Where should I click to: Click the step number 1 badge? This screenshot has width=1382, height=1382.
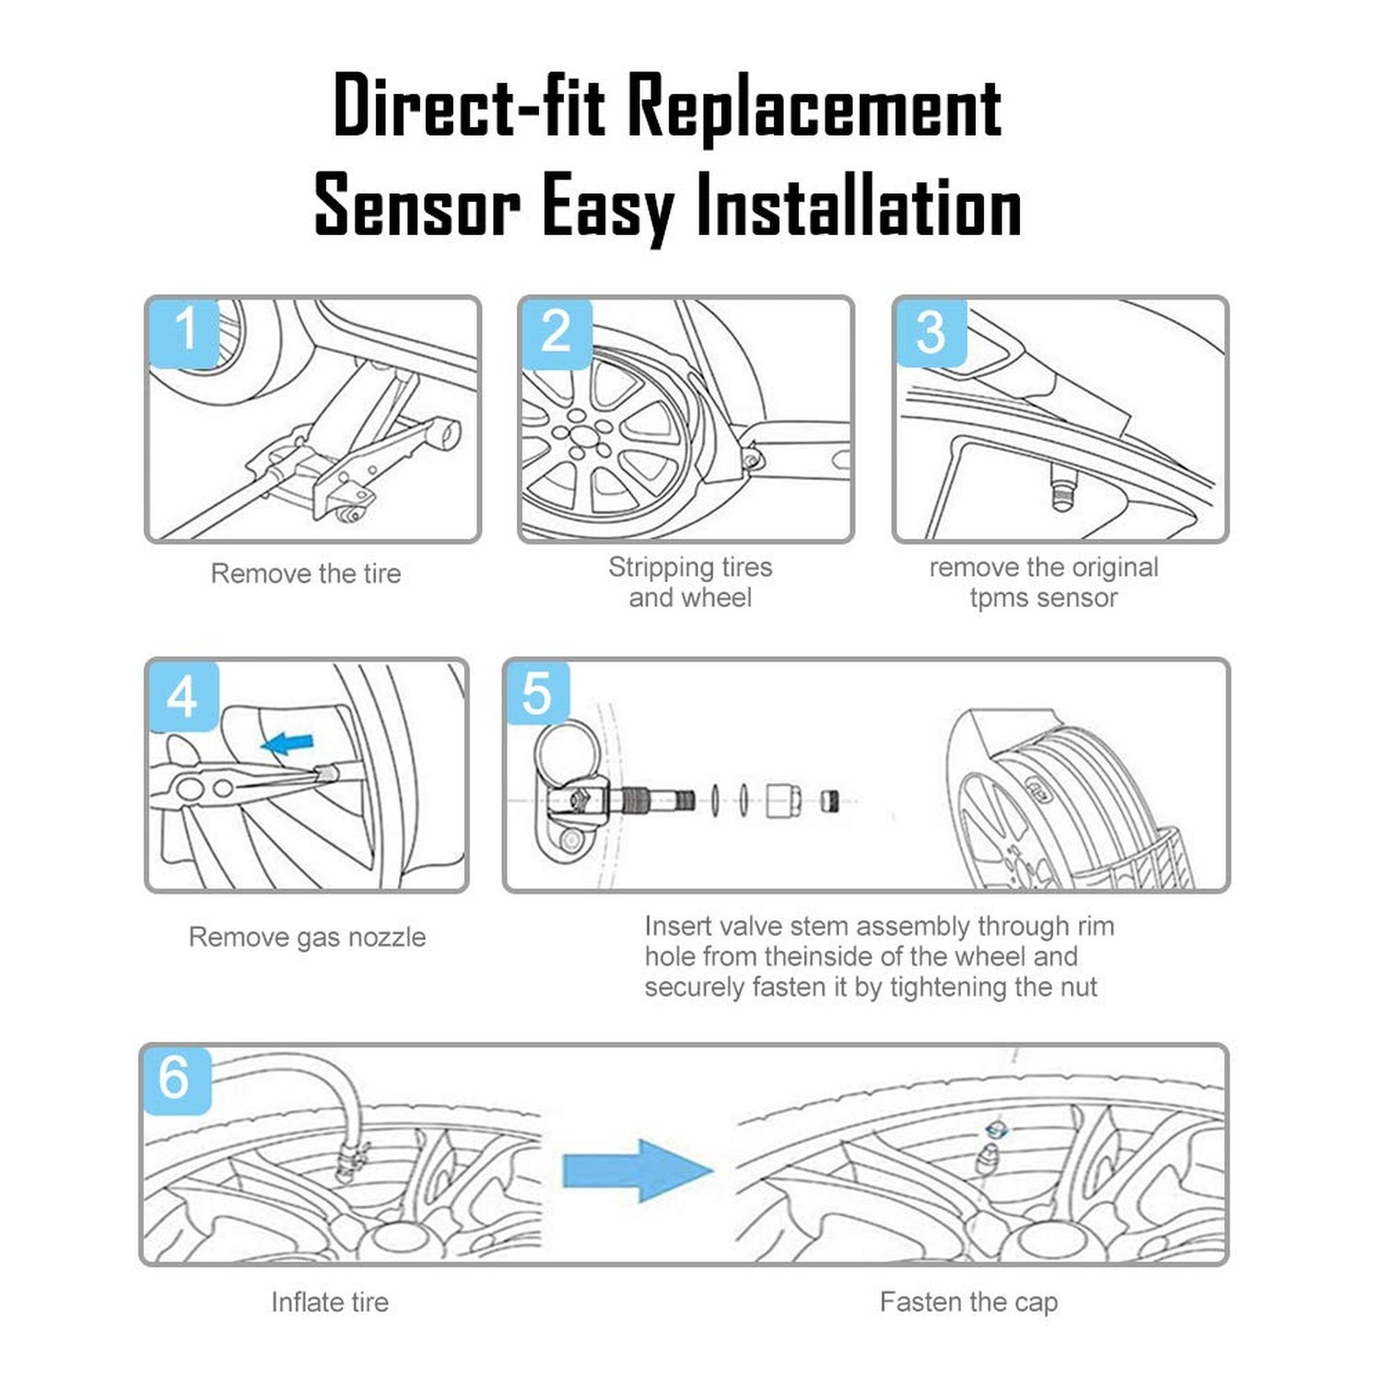pos(185,333)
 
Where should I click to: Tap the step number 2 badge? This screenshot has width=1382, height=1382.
pos(556,333)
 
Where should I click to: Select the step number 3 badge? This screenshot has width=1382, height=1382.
pos(931,333)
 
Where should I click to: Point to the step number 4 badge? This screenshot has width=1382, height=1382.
pos(183,696)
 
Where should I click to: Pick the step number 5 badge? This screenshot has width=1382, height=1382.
pos(538,693)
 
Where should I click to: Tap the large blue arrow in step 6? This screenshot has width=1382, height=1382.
pos(638,1170)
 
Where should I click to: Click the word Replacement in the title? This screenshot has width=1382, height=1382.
pos(814,107)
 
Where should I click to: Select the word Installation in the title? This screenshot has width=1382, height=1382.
pos(859,205)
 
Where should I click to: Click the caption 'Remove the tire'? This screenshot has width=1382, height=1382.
pos(306,574)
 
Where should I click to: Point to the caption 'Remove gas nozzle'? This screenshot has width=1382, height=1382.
pos(308,937)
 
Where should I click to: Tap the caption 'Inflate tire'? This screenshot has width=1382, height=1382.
pos(330,1302)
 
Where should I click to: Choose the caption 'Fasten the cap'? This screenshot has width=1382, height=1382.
pos(968,1303)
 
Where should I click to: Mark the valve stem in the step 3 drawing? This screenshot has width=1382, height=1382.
pos(1061,486)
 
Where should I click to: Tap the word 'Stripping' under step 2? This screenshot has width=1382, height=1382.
pos(661,568)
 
